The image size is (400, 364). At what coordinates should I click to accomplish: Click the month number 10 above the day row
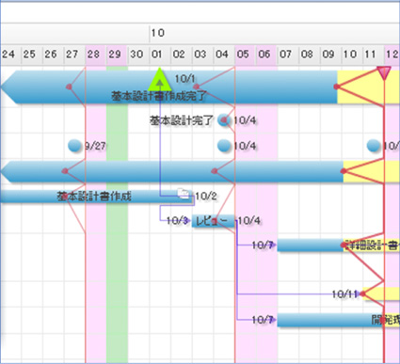156,32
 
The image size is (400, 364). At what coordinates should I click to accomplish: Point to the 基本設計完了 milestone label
182,120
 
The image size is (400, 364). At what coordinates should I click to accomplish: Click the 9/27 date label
94,146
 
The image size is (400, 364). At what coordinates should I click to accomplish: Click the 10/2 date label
205,197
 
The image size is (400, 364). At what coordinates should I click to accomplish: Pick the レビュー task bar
212,222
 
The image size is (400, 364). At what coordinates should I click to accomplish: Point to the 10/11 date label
344,294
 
